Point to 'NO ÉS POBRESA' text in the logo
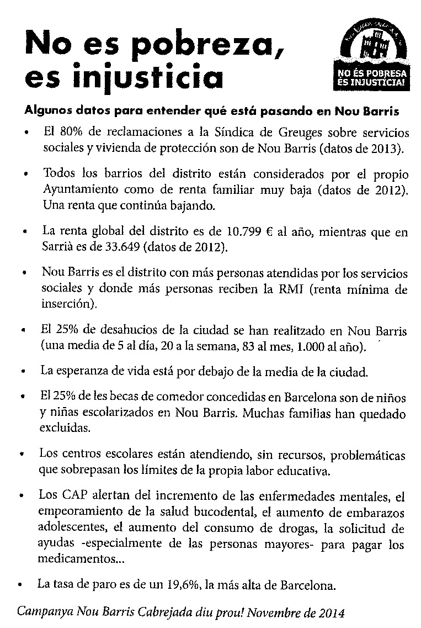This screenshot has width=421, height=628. point(372,72)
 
